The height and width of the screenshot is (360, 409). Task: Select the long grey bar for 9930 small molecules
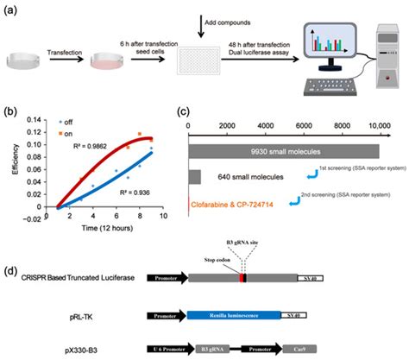pos(284,150)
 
